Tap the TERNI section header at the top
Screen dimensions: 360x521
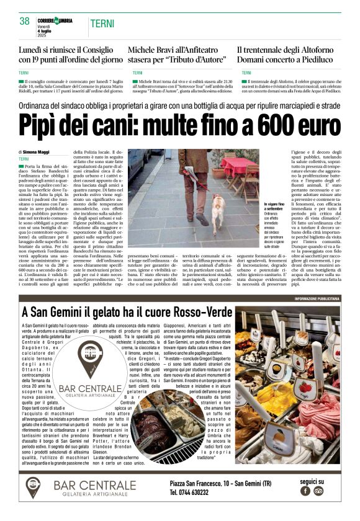[x=102, y=24]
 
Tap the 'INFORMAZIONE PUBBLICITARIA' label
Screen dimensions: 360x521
[x=317, y=299]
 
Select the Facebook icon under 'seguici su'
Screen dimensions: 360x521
[x=305, y=491]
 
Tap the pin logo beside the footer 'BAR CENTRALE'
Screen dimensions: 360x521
[x=33, y=487]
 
